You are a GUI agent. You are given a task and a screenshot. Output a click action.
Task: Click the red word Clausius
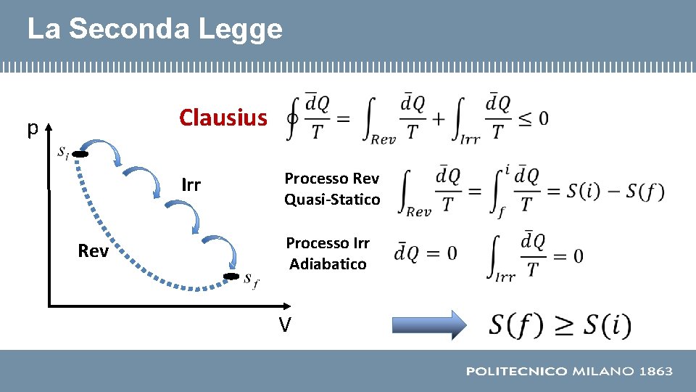coord(223,118)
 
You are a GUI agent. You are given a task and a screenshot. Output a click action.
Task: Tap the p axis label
coord(32,128)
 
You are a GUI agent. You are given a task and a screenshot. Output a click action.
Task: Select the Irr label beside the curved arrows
coord(191,185)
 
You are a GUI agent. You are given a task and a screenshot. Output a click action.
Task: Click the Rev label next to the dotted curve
coord(93,251)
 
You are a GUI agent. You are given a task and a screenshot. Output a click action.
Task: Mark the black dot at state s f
coord(231,277)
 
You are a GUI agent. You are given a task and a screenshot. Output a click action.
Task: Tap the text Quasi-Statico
coord(332,199)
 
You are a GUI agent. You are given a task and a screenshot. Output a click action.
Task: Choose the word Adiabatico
coord(328,264)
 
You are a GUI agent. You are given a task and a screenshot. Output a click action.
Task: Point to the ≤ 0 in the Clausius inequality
coord(532,118)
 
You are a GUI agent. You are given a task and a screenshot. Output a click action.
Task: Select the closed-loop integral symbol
coord(293,118)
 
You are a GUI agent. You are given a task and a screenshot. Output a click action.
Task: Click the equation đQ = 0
coord(426,253)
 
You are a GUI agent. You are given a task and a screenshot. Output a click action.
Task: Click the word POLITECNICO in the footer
coord(515,371)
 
